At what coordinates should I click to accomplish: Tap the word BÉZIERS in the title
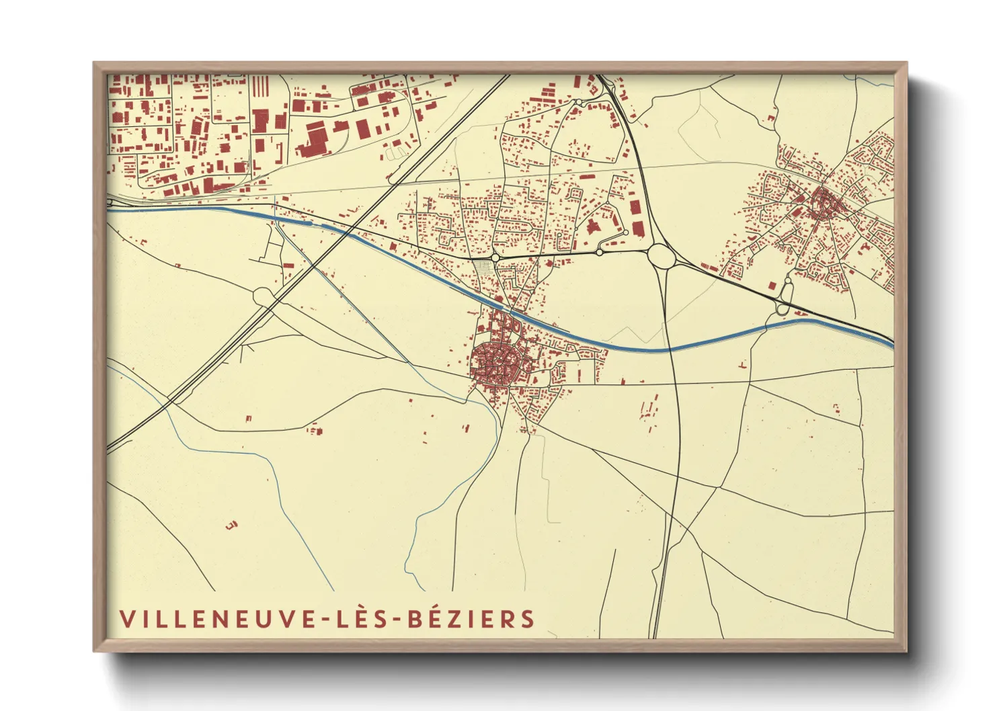click(471, 619)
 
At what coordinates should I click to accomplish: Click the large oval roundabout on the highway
click(661, 256)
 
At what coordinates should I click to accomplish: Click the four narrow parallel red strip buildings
click(260, 86)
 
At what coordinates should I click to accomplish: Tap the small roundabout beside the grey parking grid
click(495, 257)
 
